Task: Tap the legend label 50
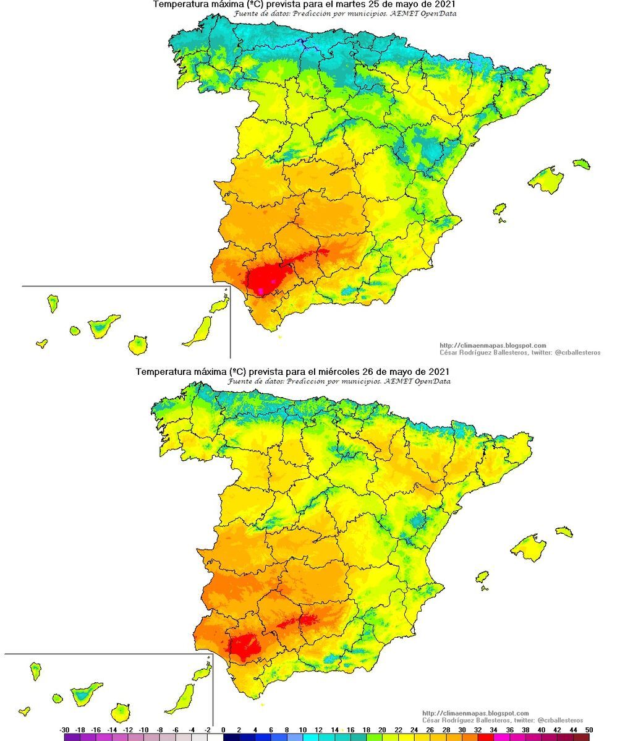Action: (588, 730)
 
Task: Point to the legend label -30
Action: (65, 730)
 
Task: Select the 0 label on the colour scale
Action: (223, 730)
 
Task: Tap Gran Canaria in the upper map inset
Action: (138, 345)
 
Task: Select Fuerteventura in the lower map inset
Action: (182, 697)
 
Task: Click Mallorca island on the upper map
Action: (546, 179)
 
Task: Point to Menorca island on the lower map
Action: (564, 531)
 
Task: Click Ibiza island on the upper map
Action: (499, 209)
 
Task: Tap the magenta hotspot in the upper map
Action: (262, 289)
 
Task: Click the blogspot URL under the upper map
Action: (493, 346)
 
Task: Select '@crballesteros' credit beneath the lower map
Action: (560, 721)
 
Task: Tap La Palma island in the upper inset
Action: (53, 303)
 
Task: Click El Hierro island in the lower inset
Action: (24, 711)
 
